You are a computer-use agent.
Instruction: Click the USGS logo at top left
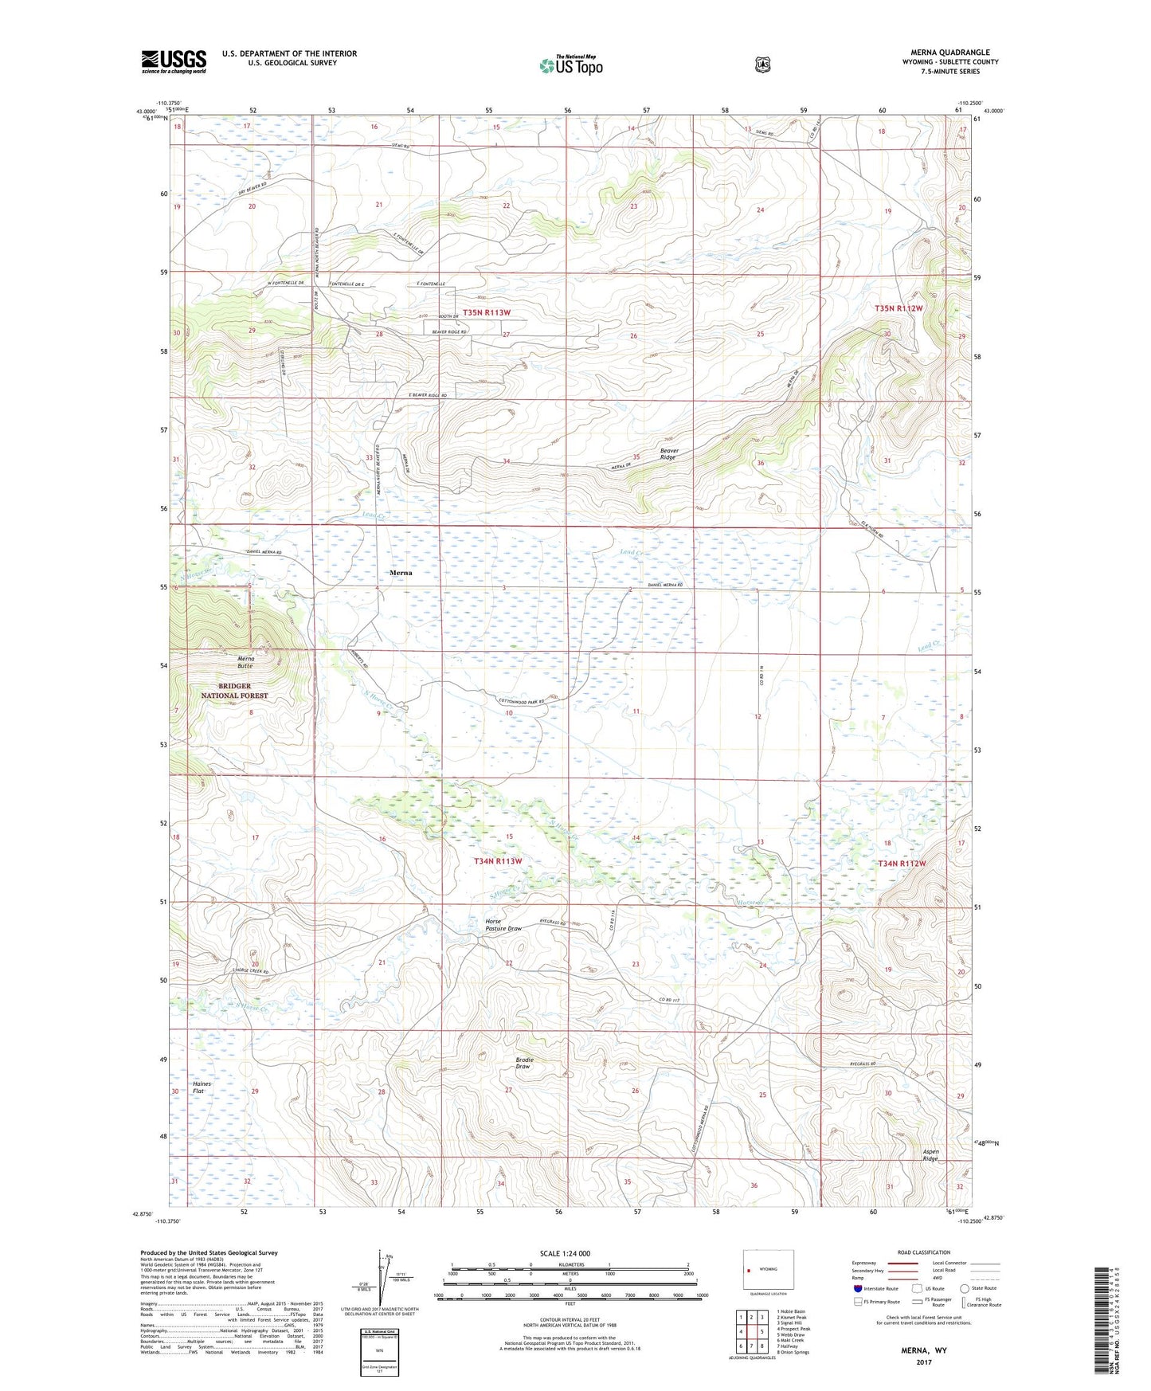[174, 61]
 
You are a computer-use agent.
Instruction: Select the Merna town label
[400, 572]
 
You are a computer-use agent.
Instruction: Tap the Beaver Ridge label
[668, 454]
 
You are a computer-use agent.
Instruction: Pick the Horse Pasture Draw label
[503, 925]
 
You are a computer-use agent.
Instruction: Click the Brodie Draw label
[525, 1063]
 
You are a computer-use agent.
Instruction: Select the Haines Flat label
[203, 1087]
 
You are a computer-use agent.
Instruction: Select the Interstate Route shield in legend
[857, 1288]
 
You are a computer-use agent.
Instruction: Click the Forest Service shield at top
[762, 64]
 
